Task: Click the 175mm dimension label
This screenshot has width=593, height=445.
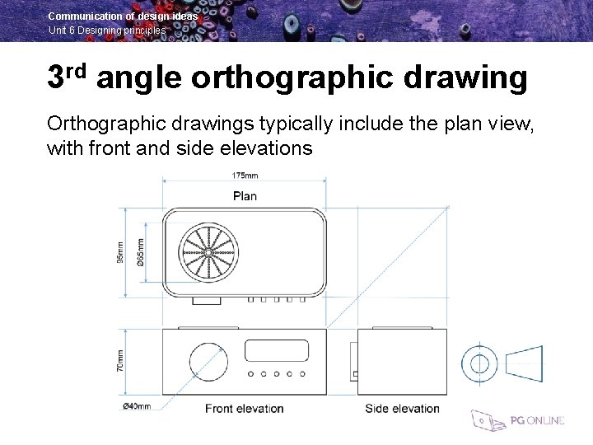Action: [245, 176]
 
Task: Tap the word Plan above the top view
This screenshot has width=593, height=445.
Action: [245, 196]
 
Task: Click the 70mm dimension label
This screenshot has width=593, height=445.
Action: [120, 360]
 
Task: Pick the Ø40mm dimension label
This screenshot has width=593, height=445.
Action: [136, 405]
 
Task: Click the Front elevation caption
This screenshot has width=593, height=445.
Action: [244, 409]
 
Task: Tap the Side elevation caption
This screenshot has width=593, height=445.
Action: [402, 409]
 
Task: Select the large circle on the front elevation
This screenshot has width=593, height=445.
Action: [208, 361]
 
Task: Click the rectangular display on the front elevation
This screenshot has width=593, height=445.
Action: [277, 350]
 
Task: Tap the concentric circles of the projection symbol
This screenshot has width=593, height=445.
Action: [478, 363]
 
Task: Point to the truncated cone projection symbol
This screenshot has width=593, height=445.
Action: [523, 363]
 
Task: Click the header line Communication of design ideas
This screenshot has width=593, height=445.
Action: [123, 16]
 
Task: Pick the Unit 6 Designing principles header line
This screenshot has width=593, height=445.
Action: [107, 30]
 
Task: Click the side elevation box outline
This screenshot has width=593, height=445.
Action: [402, 362]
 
